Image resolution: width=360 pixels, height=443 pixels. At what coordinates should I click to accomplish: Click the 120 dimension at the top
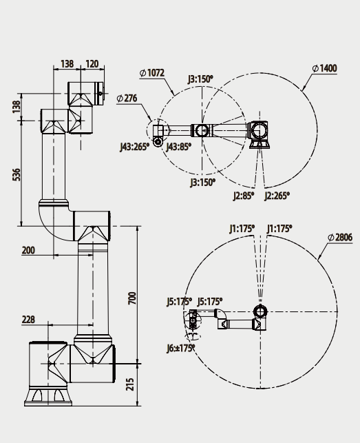point(92,64)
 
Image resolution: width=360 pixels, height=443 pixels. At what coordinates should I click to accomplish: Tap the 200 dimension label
point(28,250)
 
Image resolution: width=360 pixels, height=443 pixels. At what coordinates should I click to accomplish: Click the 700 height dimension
point(132,298)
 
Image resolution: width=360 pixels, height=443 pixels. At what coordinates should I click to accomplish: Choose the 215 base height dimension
point(132,384)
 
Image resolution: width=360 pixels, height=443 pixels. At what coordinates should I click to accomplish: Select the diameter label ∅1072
point(152,72)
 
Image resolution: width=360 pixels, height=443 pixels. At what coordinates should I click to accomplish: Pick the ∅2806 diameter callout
point(339,237)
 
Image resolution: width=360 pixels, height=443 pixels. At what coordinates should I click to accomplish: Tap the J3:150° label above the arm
point(200,79)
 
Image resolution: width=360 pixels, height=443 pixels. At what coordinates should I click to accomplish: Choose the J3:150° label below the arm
point(202,182)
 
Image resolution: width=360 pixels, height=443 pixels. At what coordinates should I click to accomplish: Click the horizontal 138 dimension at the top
point(67,64)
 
